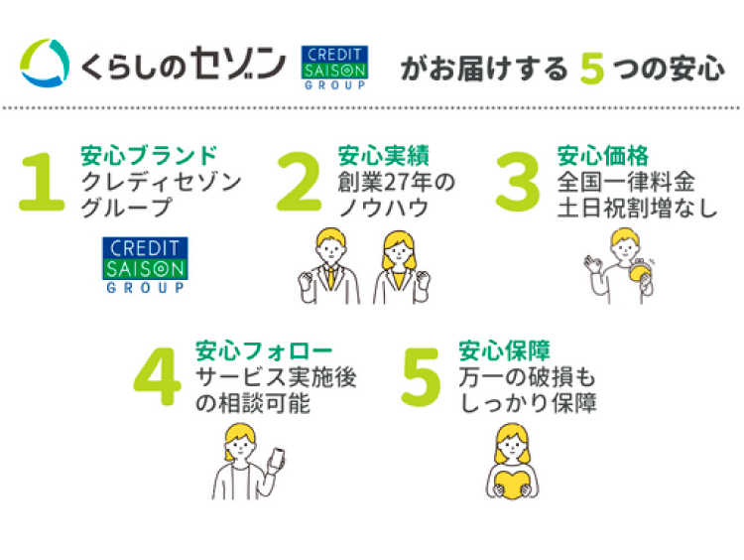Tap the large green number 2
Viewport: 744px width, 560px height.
[x=301, y=183]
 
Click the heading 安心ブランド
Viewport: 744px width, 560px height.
[x=148, y=155]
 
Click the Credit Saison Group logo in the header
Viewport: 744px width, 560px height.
[x=333, y=69]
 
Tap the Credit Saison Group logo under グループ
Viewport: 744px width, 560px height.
[x=144, y=265]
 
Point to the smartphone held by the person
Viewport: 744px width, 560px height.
[x=278, y=458]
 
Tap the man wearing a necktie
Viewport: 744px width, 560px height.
[x=327, y=266]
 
